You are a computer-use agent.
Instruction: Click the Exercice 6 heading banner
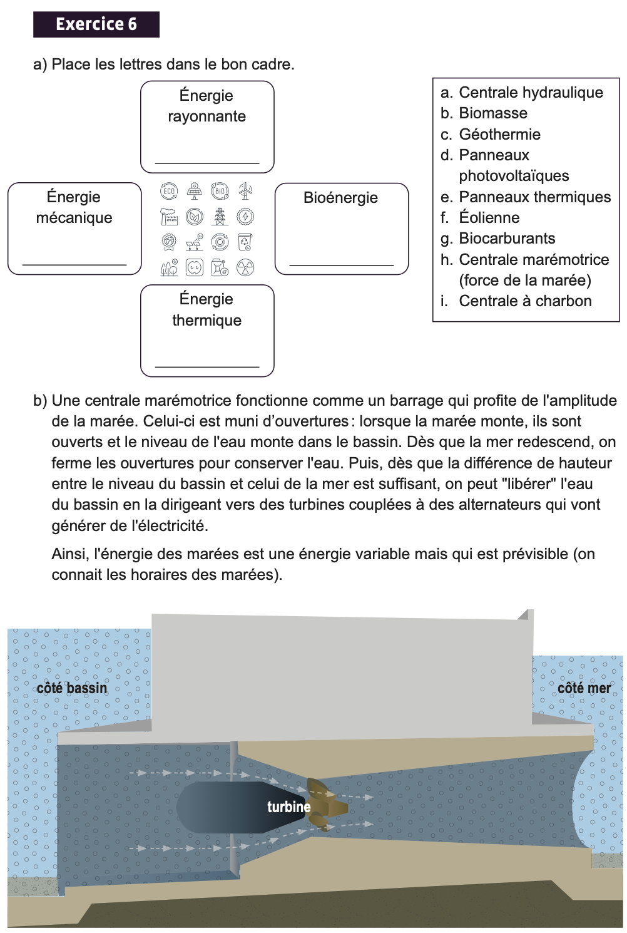tap(96, 24)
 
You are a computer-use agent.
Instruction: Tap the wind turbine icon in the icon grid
tap(245, 192)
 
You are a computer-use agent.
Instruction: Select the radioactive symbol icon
tap(245, 268)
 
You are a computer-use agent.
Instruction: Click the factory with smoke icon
tap(169, 217)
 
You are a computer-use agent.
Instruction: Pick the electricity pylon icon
tap(220, 217)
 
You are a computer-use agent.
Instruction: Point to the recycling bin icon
tap(245, 242)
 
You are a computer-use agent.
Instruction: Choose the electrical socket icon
tap(195, 268)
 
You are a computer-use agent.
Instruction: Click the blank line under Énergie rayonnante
tap(207, 163)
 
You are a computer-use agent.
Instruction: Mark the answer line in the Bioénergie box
tap(342, 265)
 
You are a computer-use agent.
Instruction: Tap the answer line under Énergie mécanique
tap(74, 265)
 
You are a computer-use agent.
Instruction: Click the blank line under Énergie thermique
tap(207, 366)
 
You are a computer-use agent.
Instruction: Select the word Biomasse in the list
tap(493, 113)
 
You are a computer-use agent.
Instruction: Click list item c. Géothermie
tap(491, 135)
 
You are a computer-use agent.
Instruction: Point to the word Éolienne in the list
tap(489, 218)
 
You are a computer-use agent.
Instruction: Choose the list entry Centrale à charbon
tap(525, 301)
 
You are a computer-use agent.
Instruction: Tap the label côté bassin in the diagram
tap(72, 688)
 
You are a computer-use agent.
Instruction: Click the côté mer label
tap(584, 688)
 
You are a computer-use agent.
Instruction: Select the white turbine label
tap(288, 807)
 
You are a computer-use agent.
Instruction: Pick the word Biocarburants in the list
tap(507, 239)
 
